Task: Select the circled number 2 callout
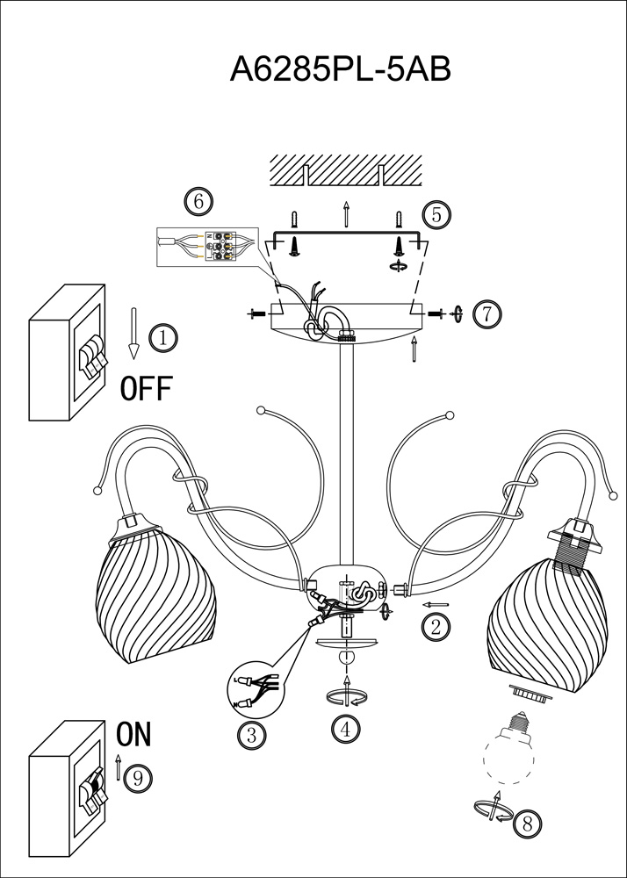coord(435,626)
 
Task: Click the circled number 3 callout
coord(252,735)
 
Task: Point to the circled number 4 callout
coord(346,728)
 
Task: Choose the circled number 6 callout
coord(198,201)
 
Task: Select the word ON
coord(133,734)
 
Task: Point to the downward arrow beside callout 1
coord(133,333)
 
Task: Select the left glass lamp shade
coord(154,597)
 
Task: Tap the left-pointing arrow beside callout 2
coord(436,605)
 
